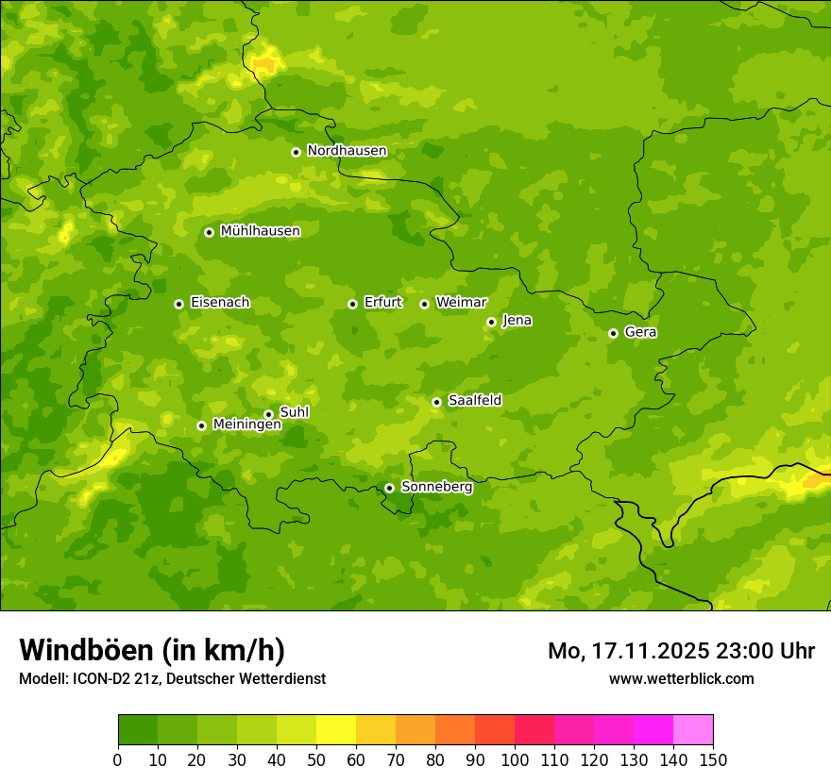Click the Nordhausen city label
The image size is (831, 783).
347,151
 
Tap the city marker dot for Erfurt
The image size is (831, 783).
352,304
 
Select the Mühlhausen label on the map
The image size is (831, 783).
260,231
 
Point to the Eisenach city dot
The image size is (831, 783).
178,304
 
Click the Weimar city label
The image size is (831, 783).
461,303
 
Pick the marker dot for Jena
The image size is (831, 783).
491,322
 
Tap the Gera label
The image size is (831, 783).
640,332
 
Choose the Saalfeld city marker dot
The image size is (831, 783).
436,402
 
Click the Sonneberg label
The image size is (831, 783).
436,487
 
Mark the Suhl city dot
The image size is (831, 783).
268,414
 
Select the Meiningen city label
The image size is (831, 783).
246,425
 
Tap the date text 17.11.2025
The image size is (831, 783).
649,651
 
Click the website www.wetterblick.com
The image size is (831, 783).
681,678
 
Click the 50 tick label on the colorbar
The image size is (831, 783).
316,759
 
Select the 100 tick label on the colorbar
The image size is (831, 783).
515,759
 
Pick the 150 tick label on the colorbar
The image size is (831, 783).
713,759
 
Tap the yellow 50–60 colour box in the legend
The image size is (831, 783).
336,730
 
